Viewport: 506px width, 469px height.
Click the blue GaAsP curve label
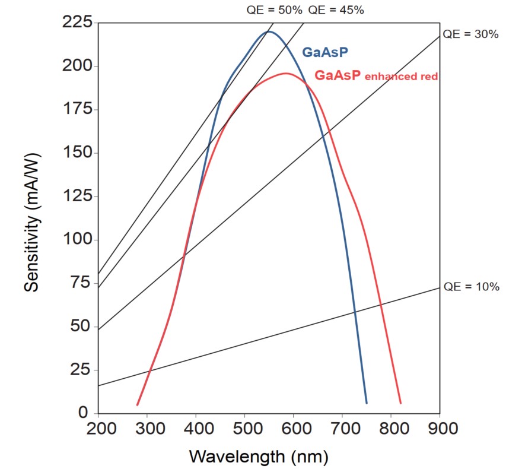coord(325,52)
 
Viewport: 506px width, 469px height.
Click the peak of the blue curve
coord(268,31)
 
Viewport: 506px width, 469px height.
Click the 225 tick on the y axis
coord(78,23)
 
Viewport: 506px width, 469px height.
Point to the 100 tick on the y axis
coord(78,240)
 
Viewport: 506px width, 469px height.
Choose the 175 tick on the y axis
coord(78,109)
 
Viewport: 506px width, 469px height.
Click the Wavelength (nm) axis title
coord(258,457)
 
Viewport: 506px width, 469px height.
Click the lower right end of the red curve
coord(400,403)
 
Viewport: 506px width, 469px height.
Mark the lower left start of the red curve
coord(138,405)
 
